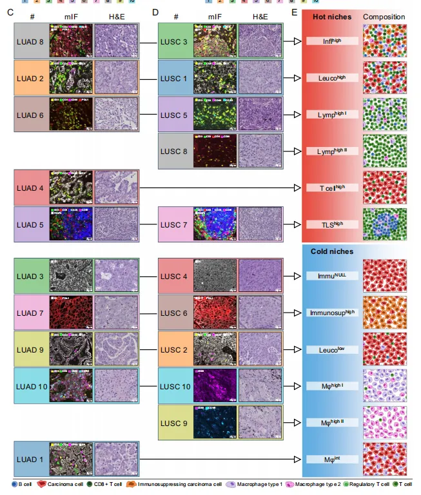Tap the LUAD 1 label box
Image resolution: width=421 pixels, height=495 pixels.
31,459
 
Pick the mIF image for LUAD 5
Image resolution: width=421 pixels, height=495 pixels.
71,224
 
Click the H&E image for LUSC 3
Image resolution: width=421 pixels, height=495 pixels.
260,41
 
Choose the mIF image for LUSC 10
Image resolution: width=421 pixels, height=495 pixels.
215,385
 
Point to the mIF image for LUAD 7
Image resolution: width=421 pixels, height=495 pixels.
71,313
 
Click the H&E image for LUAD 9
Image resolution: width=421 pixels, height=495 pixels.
116,349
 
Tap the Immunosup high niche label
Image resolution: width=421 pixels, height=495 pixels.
332,313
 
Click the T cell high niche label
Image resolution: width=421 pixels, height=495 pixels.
332,188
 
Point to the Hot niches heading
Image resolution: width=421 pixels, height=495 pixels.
331,17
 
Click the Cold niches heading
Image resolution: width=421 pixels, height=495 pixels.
331,251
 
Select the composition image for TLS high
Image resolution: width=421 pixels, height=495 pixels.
385,224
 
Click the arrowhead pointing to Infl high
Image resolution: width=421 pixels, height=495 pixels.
297,41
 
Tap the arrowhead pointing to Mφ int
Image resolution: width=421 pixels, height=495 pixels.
297,459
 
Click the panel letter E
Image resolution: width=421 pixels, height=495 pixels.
295,12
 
